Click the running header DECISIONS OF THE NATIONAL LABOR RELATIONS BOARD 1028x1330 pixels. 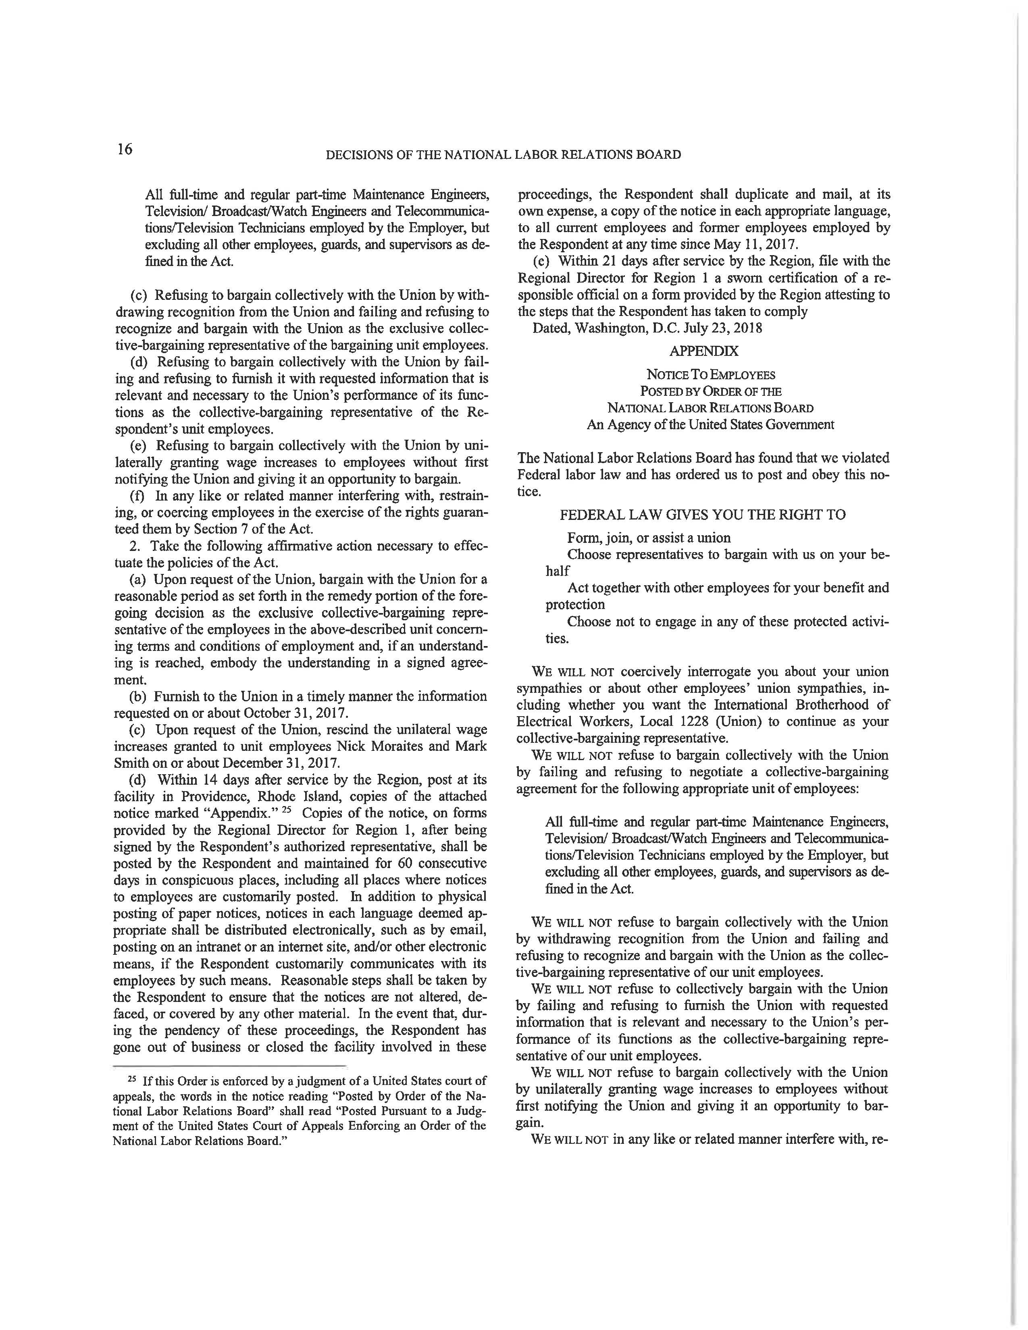[503, 155]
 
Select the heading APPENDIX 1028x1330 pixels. [703, 351]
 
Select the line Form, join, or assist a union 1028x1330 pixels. [649, 538]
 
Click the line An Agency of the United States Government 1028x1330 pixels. [710, 424]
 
